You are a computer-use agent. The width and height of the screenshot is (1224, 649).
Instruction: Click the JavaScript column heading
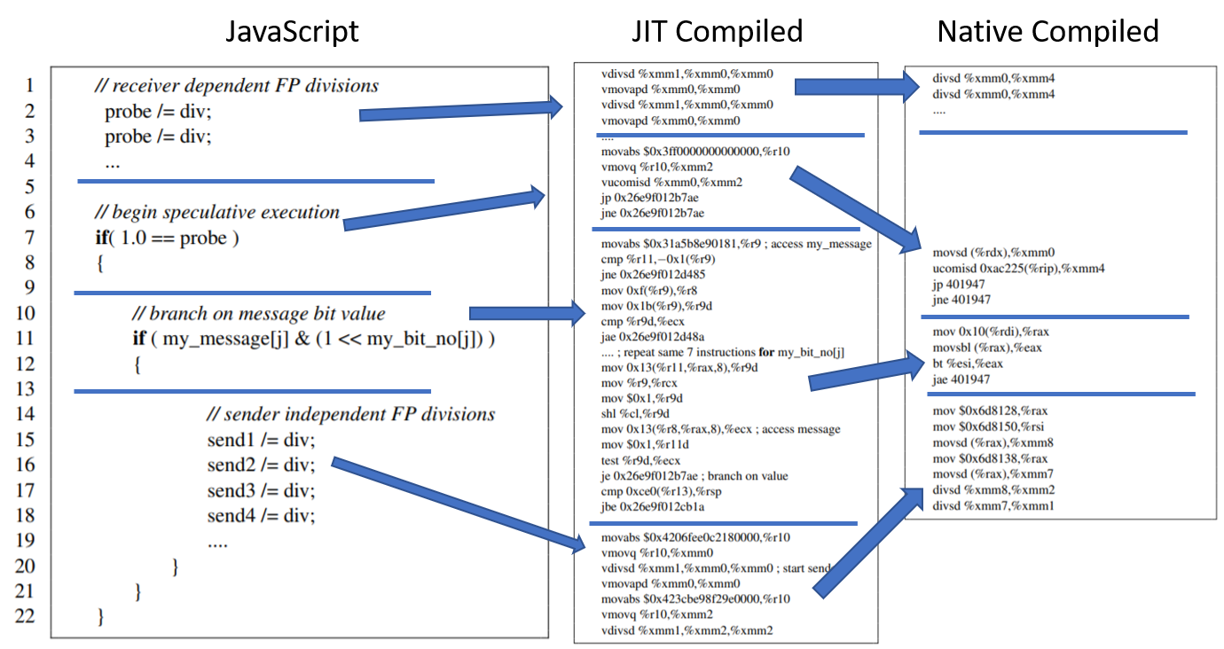(292, 32)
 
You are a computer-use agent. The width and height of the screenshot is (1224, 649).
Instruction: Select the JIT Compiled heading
(718, 32)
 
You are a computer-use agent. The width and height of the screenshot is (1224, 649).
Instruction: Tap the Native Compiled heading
(1047, 32)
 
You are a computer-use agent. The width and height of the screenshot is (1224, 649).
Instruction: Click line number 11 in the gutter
(25, 338)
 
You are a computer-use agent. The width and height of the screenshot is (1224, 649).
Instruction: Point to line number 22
(25, 615)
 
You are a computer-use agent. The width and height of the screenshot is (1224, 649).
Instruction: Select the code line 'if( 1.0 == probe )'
(168, 238)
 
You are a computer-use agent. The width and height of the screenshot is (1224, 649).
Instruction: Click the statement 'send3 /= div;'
(261, 490)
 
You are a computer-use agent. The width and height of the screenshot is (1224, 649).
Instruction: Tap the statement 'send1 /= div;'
(261, 441)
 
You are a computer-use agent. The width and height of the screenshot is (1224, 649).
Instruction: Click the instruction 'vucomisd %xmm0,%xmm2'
(671, 183)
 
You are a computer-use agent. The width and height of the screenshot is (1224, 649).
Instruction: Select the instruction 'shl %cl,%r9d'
(635, 413)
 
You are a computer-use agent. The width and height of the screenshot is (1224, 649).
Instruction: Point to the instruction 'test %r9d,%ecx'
(640, 460)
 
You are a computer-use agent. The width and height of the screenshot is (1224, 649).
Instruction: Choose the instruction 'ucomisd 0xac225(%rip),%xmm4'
(1018, 269)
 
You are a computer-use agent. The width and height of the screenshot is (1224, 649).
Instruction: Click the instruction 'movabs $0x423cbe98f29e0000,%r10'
(695, 599)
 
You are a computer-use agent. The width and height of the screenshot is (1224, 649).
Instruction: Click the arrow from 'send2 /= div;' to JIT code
(459, 504)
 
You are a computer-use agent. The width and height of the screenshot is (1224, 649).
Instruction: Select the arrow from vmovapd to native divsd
(858, 87)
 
